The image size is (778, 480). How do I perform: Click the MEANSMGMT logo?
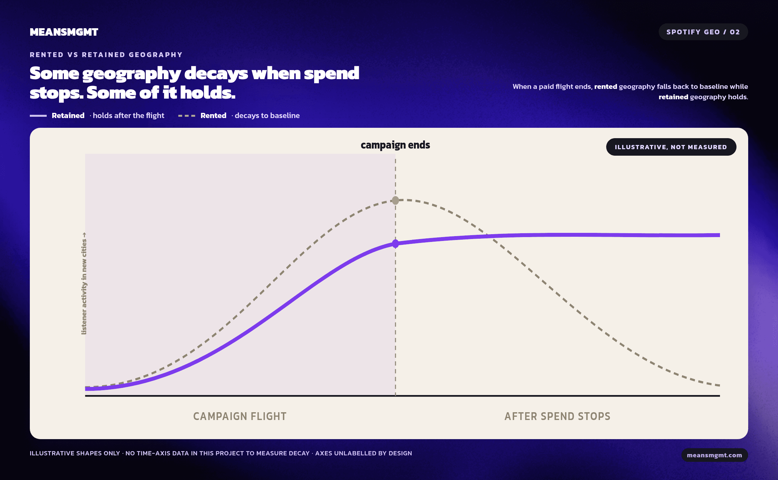pos(64,32)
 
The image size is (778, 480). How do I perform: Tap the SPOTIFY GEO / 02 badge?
pos(703,32)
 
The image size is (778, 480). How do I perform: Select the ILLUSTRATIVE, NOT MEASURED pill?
pos(671,147)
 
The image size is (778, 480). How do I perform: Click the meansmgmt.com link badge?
pos(714,455)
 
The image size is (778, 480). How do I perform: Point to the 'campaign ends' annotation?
pos(395,145)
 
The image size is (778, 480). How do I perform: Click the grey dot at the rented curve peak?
pos(395,200)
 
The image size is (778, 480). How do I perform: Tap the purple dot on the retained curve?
pos(395,244)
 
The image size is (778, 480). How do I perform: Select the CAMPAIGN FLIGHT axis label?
pos(240,416)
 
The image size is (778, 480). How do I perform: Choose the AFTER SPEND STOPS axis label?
pos(557,416)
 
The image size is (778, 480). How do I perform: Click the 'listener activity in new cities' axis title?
pos(84,283)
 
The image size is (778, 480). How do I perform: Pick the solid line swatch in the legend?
pos(38,115)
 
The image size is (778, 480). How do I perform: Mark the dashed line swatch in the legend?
pos(187,115)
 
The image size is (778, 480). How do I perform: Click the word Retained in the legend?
pos(68,115)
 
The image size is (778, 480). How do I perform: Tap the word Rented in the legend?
pos(213,115)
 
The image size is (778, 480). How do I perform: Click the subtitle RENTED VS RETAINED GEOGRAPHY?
pos(106,55)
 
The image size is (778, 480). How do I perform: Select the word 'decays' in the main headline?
pos(216,74)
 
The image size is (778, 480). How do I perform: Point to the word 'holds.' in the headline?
pos(208,93)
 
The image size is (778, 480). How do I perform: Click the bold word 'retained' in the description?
pos(673,97)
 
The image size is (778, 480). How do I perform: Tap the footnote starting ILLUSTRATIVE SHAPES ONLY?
pos(221,453)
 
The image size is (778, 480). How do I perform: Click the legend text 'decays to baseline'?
pos(267,115)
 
